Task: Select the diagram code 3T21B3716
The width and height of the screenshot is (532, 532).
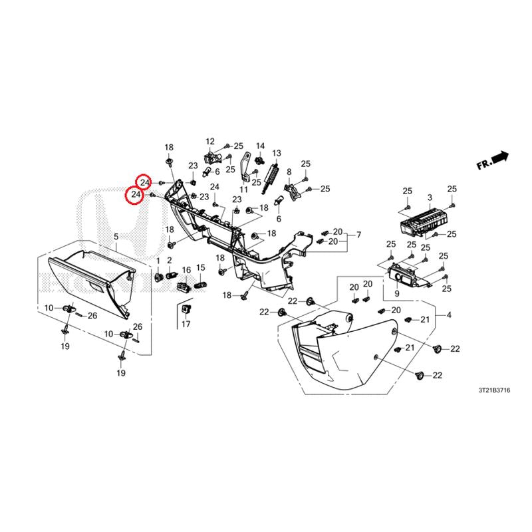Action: point(494,390)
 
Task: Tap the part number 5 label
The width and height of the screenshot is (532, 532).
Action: point(116,237)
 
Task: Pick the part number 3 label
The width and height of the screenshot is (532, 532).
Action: point(430,198)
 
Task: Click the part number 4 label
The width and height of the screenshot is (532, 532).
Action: point(449,315)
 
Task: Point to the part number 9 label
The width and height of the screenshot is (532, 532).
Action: point(397,293)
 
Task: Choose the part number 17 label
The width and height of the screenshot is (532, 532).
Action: point(186,324)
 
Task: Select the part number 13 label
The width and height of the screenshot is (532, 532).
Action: point(277,153)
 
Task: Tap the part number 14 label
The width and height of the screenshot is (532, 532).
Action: point(260,146)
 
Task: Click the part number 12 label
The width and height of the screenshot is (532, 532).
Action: point(210,141)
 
